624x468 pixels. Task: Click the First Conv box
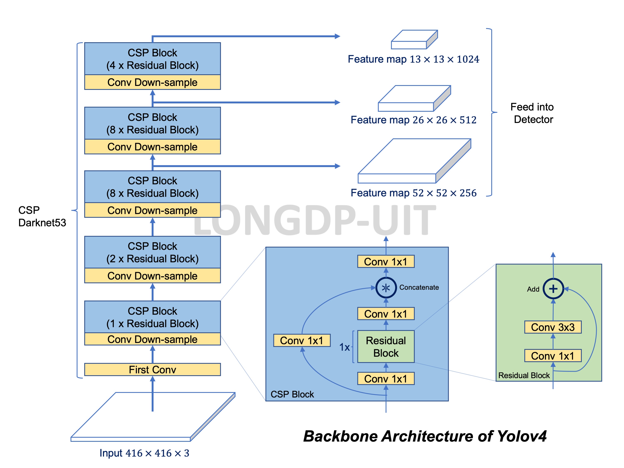point(152,369)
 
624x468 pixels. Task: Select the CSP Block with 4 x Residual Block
point(152,59)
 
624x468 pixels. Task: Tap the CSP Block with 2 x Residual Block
point(152,252)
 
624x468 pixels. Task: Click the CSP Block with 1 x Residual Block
point(152,317)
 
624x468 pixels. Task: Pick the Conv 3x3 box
point(553,327)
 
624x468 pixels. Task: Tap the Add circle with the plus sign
point(553,289)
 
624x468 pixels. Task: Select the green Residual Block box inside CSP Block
point(386,346)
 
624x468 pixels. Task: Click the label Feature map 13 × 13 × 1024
point(413,59)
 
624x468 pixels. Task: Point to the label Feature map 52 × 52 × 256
point(413,193)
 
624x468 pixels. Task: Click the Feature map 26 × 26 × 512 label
point(413,120)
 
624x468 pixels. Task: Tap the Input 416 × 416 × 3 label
point(144,453)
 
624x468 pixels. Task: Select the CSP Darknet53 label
point(42,216)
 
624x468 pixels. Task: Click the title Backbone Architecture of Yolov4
point(424,436)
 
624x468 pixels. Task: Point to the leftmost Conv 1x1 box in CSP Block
point(301,340)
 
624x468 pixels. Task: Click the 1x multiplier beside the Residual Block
point(344,347)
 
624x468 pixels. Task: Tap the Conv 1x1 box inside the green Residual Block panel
point(553,356)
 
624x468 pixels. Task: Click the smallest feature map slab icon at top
point(414,40)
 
